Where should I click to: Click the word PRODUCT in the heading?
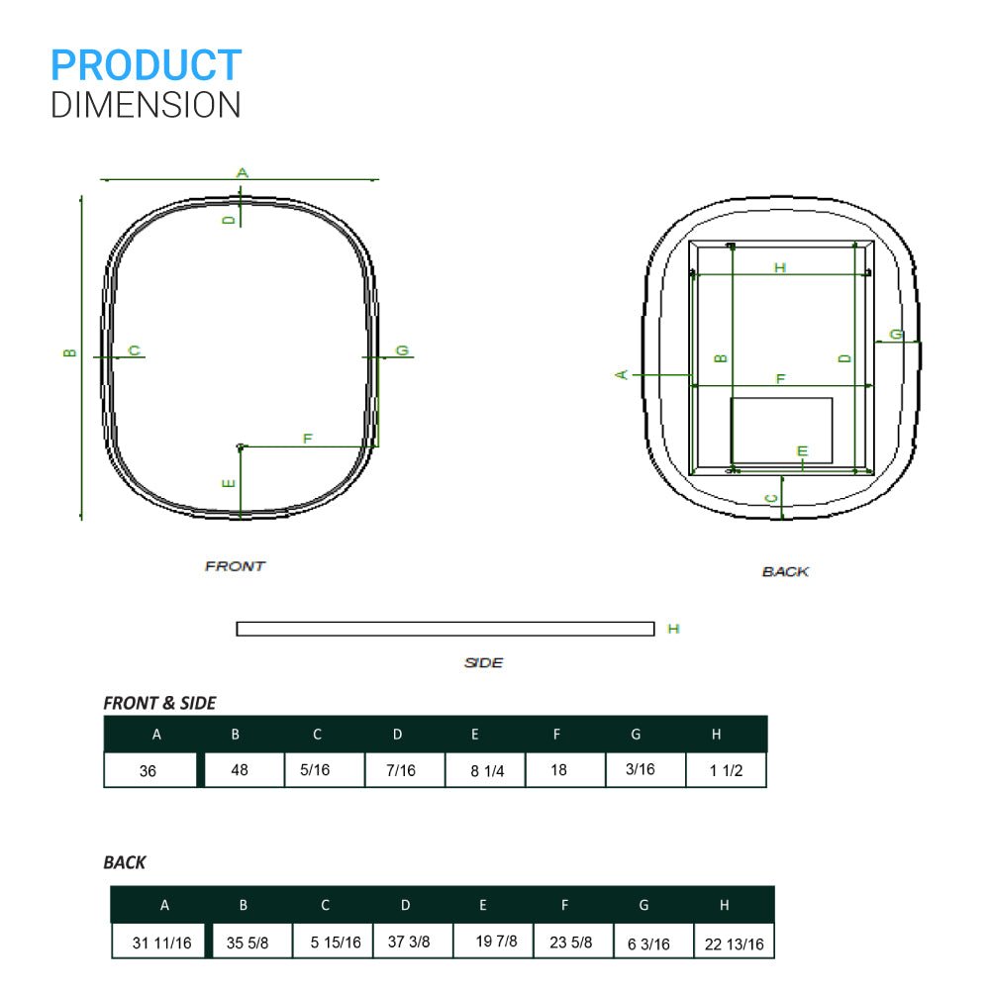click(x=146, y=65)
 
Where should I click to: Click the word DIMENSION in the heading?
click(x=146, y=105)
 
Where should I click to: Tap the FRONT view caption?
click(x=235, y=566)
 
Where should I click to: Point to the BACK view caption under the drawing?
click(x=785, y=571)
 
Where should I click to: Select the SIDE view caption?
click(x=484, y=662)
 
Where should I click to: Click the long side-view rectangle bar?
click(x=445, y=629)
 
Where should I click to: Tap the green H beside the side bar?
click(x=673, y=629)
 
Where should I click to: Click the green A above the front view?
click(x=243, y=172)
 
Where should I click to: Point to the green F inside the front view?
click(x=308, y=439)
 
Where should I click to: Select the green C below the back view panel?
click(x=771, y=499)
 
